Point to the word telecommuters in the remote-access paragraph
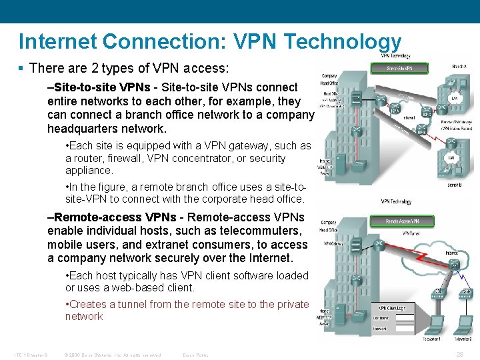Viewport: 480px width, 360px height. point(257,231)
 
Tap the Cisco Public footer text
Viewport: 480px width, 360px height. point(195,355)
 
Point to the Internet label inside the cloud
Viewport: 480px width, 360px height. point(451,253)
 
